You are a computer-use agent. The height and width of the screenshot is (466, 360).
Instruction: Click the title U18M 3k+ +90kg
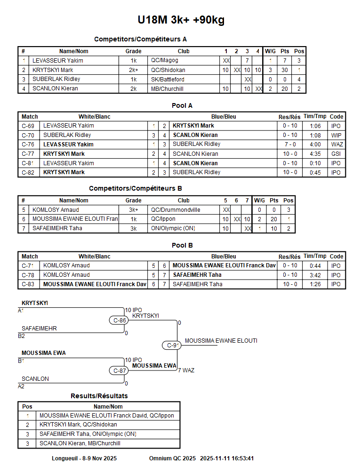click(x=181, y=20)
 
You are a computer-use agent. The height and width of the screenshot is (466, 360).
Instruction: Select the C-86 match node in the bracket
click(x=120, y=320)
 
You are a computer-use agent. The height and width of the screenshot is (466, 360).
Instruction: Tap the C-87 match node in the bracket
click(x=120, y=370)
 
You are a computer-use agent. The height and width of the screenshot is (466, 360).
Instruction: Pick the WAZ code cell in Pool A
click(x=336, y=145)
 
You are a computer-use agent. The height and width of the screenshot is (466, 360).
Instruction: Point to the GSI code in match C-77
click(x=336, y=154)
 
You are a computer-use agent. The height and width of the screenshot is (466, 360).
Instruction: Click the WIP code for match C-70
click(x=336, y=135)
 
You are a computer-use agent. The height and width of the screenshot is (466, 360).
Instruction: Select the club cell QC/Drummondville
click(x=176, y=210)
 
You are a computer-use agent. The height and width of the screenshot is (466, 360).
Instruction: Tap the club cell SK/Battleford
click(x=168, y=79)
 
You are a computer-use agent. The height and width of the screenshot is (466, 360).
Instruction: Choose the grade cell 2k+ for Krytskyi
click(x=133, y=70)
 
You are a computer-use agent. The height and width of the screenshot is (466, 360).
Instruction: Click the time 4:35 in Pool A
click(x=315, y=154)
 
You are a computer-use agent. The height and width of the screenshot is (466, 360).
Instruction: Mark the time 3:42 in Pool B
click(x=315, y=275)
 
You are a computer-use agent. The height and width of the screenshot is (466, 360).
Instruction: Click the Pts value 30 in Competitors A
click(x=285, y=70)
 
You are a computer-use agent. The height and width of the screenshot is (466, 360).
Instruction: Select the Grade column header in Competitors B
click(x=133, y=201)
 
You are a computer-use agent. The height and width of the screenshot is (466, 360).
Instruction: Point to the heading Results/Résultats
click(x=99, y=396)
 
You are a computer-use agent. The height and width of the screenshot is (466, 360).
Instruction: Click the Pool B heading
click(x=182, y=245)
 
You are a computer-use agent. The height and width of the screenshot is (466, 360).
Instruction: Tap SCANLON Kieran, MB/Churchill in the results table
click(x=80, y=443)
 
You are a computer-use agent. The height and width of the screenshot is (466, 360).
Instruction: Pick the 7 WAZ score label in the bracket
click(x=186, y=370)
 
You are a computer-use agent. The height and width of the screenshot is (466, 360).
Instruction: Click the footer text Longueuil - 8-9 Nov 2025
click(x=84, y=458)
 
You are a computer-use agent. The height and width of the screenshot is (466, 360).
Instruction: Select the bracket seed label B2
click(x=21, y=336)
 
